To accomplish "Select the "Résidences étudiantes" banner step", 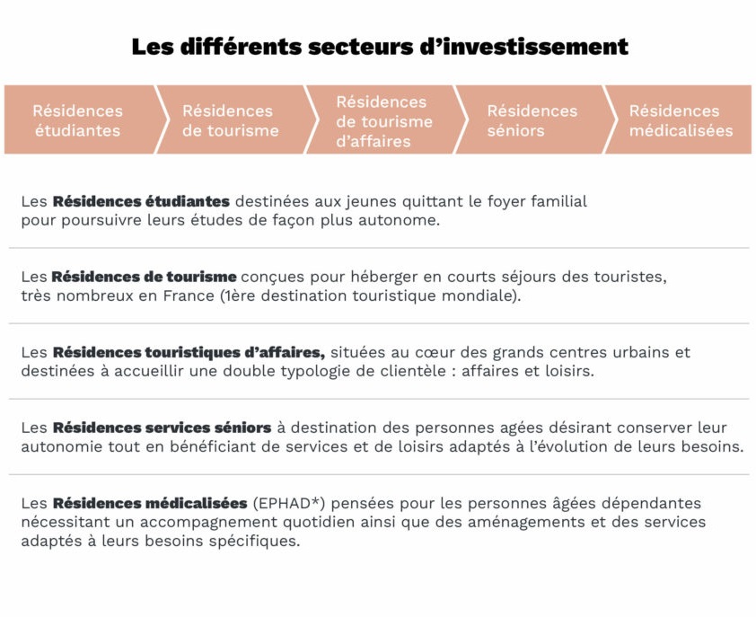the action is tap(78, 120).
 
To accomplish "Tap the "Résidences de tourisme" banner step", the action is tap(230, 120).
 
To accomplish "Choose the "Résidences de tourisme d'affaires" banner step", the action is tap(382, 120).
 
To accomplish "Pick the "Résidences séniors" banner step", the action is tap(532, 120).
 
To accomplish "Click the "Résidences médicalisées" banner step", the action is tap(680, 120).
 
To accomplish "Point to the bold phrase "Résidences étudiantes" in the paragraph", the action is tap(141, 201).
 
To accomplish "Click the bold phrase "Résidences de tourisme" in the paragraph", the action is tap(144, 277).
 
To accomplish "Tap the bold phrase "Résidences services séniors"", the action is tap(162, 427).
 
